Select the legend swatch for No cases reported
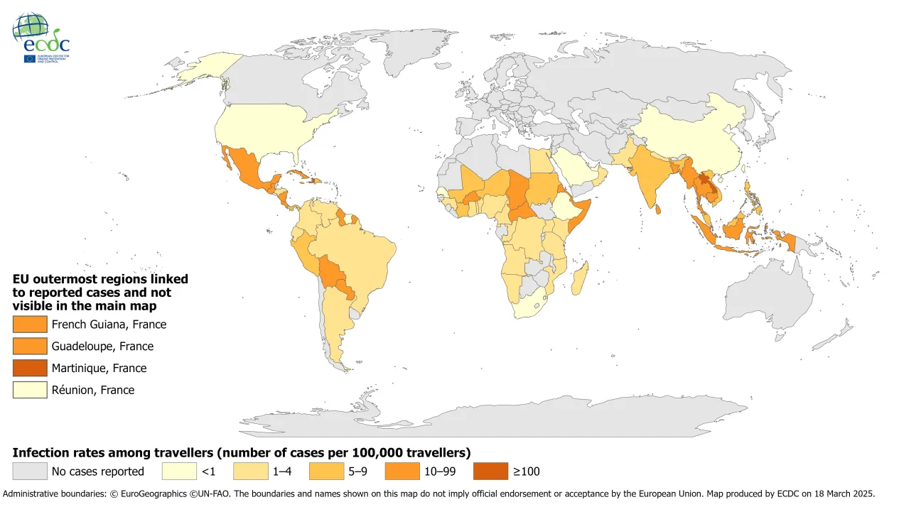[30, 471]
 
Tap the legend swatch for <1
[178, 471]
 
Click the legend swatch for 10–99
[402, 471]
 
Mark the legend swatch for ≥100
[491, 471]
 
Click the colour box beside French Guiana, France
[30, 325]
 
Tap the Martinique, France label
[99, 368]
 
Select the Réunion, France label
[92, 390]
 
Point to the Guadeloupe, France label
[102, 347]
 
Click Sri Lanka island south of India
[660, 209]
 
